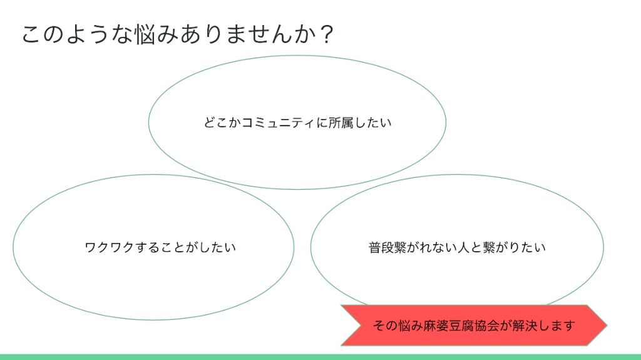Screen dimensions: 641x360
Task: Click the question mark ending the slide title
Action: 327,34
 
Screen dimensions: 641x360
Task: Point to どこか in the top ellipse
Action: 222,123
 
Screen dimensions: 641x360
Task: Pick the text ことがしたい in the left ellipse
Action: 198,247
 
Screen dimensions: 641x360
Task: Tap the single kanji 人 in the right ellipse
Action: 463,247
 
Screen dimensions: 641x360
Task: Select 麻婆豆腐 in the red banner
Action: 449,326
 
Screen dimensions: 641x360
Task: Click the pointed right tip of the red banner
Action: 607,325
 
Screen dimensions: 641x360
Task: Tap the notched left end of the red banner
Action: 361,325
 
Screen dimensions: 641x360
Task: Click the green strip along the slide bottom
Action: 320,357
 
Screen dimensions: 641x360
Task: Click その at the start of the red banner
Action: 385,326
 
